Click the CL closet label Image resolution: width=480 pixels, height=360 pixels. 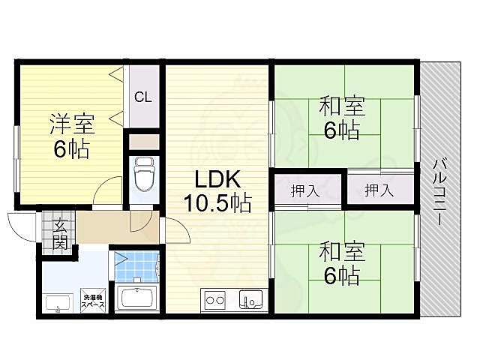[x=143, y=97]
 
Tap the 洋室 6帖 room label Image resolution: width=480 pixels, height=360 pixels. [x=72, y=136]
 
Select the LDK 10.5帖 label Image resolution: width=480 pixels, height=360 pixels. [x=217, y=191]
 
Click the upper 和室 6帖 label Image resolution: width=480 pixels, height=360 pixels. [x=342, y=118]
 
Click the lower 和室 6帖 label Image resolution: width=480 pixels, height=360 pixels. [x=342, y=263]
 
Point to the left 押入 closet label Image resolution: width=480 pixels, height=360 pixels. [x=305, y=191]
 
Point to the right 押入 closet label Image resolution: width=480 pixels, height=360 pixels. [x=379, y=190]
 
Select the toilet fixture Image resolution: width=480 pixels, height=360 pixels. [x=144, y=174]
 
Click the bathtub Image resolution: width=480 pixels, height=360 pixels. [x=137, y=298]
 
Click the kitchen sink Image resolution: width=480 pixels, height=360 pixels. [x=250, y=299]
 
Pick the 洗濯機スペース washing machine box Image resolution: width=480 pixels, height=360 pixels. [x=93, y=301]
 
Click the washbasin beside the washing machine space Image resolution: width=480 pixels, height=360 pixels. [x=58, y=303]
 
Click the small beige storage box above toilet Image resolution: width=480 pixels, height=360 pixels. [x=143, y=142]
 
